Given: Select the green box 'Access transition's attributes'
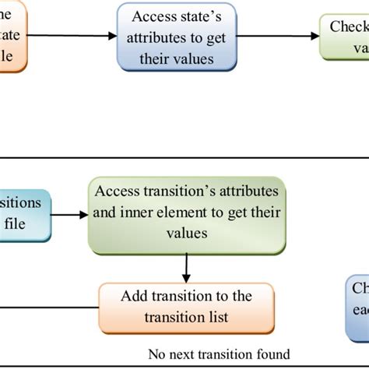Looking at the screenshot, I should point(186,214).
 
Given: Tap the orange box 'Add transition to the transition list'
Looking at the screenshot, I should point(186,307).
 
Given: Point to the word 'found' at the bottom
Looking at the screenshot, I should point(272,353).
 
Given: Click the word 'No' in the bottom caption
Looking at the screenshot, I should point(156,353).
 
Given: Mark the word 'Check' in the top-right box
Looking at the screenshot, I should point(349,26).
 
